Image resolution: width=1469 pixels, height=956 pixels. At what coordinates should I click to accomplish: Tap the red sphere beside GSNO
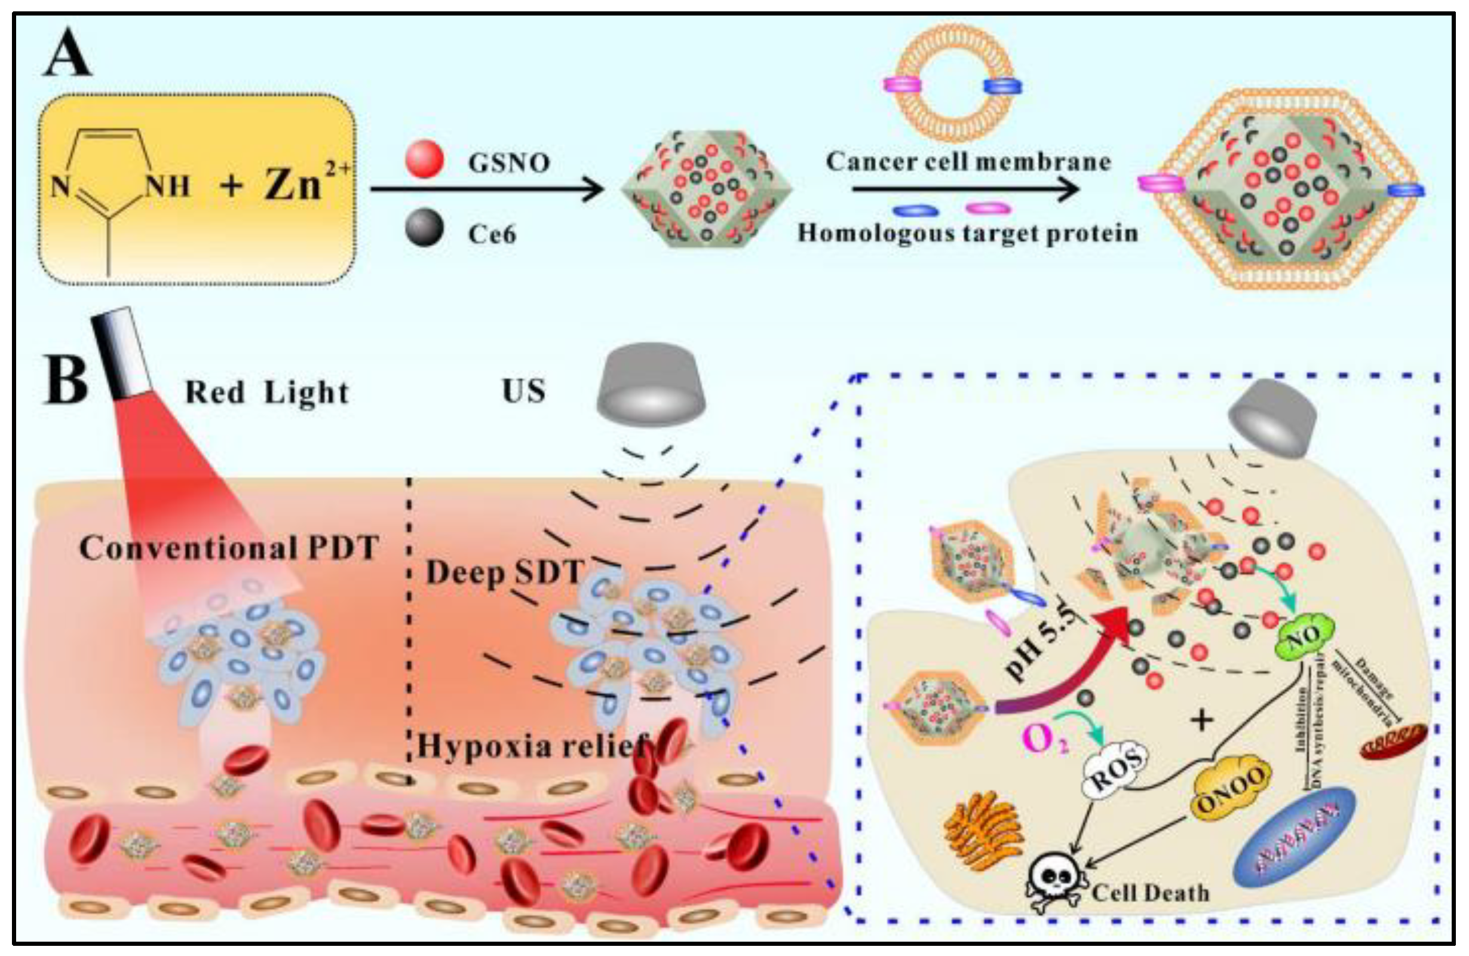pos(424,159)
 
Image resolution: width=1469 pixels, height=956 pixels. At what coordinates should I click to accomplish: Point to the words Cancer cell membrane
pos(968,162)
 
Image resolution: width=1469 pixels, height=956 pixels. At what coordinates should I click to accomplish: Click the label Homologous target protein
pos(967,233)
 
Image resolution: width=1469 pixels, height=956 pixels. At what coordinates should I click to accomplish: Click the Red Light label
pos(266,393)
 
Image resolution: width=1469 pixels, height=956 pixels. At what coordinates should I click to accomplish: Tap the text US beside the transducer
pos(523,391)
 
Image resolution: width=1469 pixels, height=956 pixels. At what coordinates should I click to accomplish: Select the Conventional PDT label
pos(228,548)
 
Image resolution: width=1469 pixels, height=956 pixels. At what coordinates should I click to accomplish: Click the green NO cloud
pos(1304,636)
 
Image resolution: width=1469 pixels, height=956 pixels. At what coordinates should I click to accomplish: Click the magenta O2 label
pos(1043,739)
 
